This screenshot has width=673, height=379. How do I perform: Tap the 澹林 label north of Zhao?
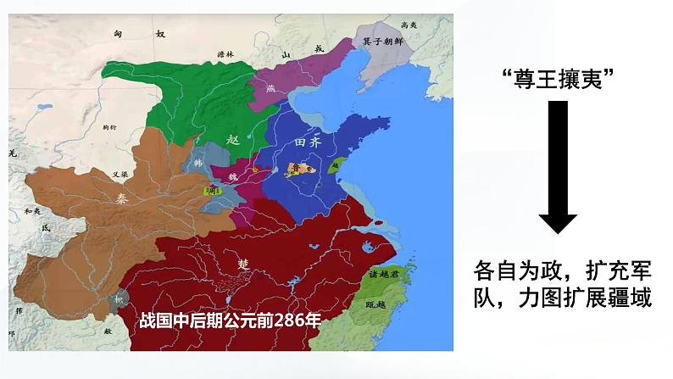pos(225,55)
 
